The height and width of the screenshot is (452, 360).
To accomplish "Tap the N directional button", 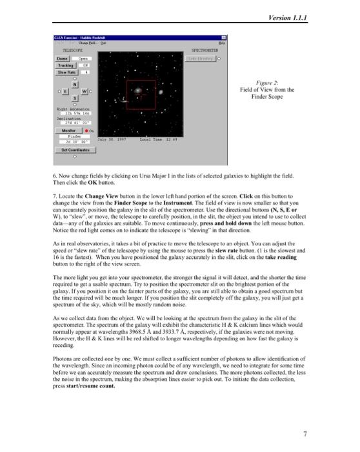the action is pyautogui.click(x=75, y=85).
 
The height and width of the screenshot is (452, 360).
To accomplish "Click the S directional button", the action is pyautogui.click(x=75, y=98).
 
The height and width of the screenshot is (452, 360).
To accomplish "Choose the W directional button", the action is pyautogui.click(x=84, y=92).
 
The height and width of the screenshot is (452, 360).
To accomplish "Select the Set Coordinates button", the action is pyautogui.click(x=75, y=150).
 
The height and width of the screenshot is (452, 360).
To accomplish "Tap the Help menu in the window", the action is pyautogui.click(x=222, y=43).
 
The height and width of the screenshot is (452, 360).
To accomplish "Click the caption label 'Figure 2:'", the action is pyautogui.click(x=266, y=83).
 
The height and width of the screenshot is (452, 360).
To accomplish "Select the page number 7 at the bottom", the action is pyautogui.click(x=304, y=433).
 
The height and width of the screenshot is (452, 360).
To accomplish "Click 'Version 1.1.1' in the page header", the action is pyautogui.click(x=287, y=17).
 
